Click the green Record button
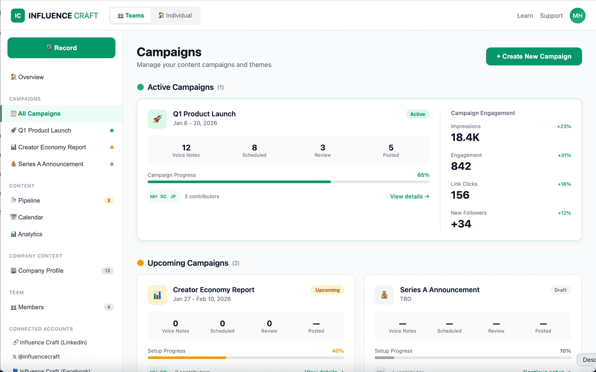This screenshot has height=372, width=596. click(61, 48)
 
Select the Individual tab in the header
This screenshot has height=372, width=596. click(175, 15)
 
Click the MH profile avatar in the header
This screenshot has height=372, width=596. click(578, 16)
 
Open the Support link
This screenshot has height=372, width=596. click(551, 16)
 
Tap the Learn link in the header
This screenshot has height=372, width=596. click(525, 16)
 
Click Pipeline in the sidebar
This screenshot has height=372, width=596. click(29, 201)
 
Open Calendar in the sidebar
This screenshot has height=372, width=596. click(30, 218)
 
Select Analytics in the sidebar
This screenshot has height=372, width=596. click(30, 234)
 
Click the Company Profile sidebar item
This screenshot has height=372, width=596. click(41, 271)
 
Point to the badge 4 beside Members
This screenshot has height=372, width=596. click(108, 307)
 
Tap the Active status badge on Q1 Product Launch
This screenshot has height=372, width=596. click(417, 114)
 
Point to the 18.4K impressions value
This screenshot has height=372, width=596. click(465, 138)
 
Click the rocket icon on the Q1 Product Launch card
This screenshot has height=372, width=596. click(157, 119)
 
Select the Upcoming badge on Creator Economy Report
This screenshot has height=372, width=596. click(327, 290)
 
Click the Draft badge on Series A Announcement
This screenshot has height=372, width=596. click(560, 290)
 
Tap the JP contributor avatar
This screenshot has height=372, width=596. click(173, 197)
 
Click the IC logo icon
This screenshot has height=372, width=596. click(18, 16)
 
